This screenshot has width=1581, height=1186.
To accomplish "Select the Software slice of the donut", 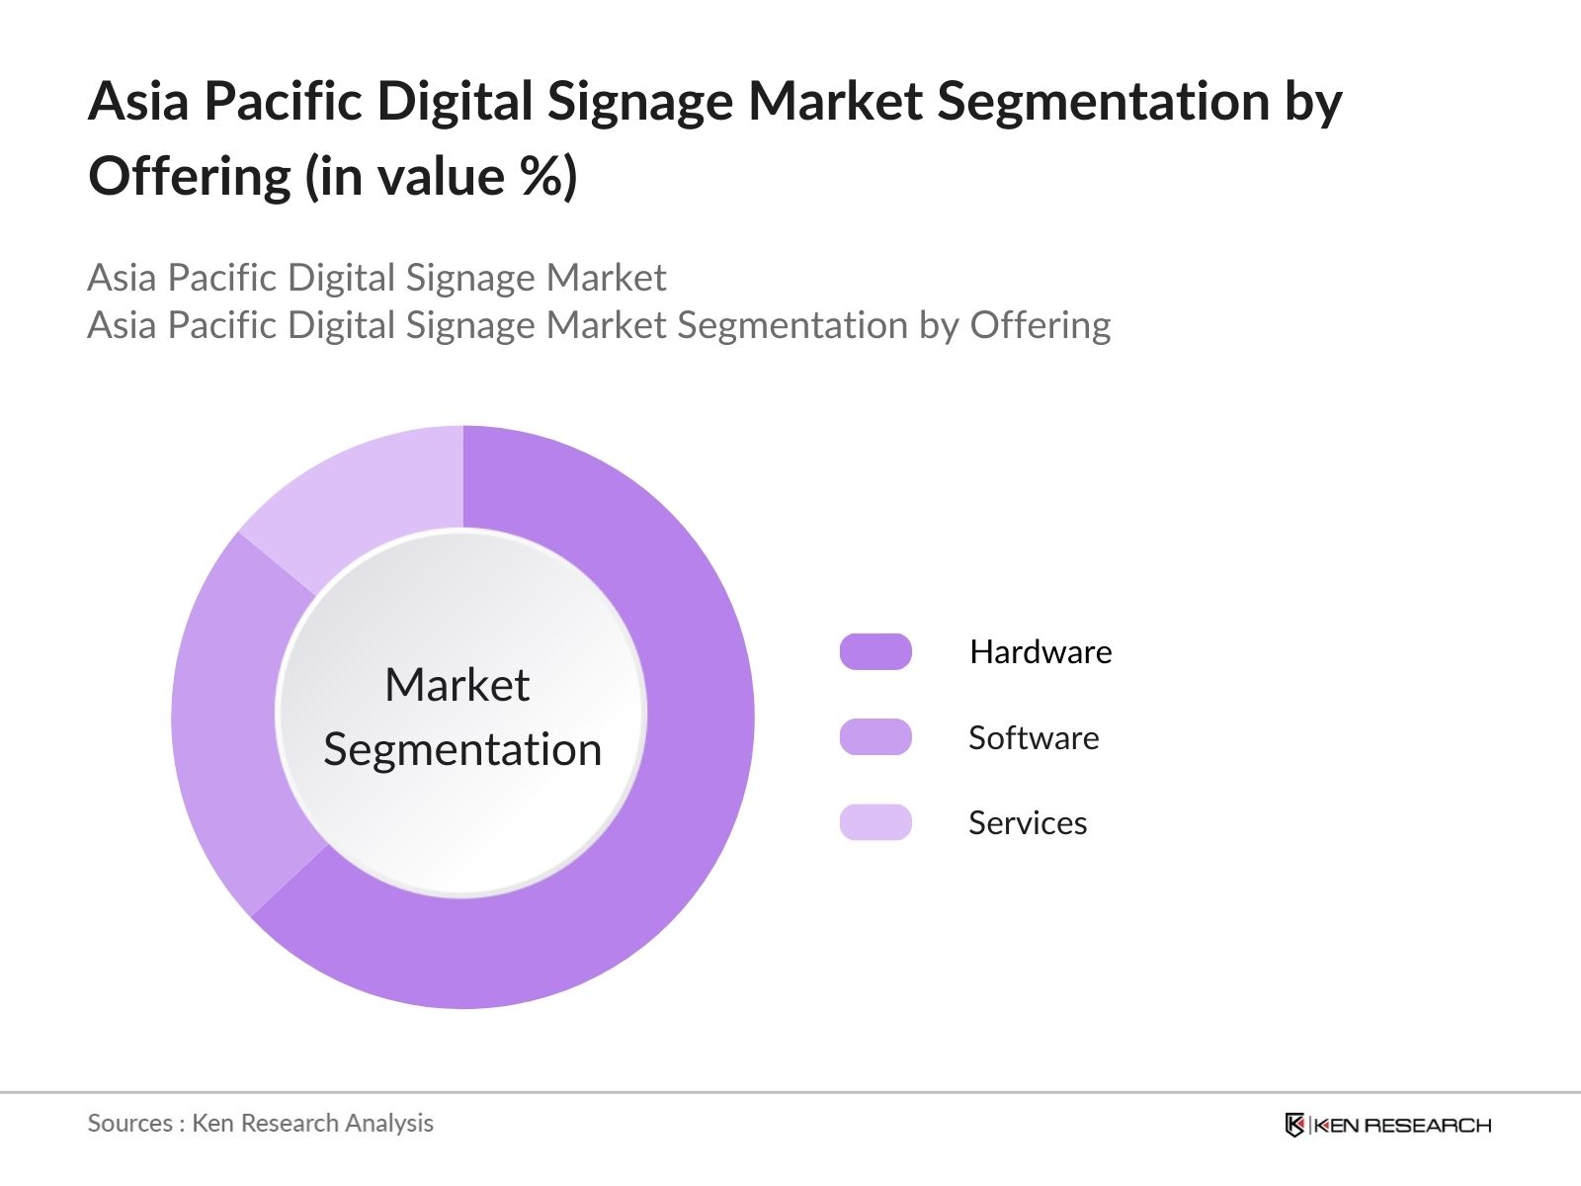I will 225,721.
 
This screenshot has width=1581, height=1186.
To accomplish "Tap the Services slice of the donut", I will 366,494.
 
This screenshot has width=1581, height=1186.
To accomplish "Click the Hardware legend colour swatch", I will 875,652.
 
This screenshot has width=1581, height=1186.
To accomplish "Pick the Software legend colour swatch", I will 875,737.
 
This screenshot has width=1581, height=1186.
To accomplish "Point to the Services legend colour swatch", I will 875,822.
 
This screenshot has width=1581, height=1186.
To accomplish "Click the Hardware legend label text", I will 1040,652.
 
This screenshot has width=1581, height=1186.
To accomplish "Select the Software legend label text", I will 1034,737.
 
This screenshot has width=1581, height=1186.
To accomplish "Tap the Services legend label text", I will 1028,822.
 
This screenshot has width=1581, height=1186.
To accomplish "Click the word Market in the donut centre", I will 457,685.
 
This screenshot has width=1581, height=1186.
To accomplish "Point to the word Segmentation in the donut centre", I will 462,749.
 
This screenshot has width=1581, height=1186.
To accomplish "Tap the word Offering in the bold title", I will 190,178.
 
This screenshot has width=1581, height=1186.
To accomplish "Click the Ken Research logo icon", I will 1293,1125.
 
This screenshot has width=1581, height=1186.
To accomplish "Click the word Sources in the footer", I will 129,1123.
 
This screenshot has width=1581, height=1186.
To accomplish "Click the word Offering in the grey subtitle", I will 1040,325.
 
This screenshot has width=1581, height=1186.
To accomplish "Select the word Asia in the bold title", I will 138,102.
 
